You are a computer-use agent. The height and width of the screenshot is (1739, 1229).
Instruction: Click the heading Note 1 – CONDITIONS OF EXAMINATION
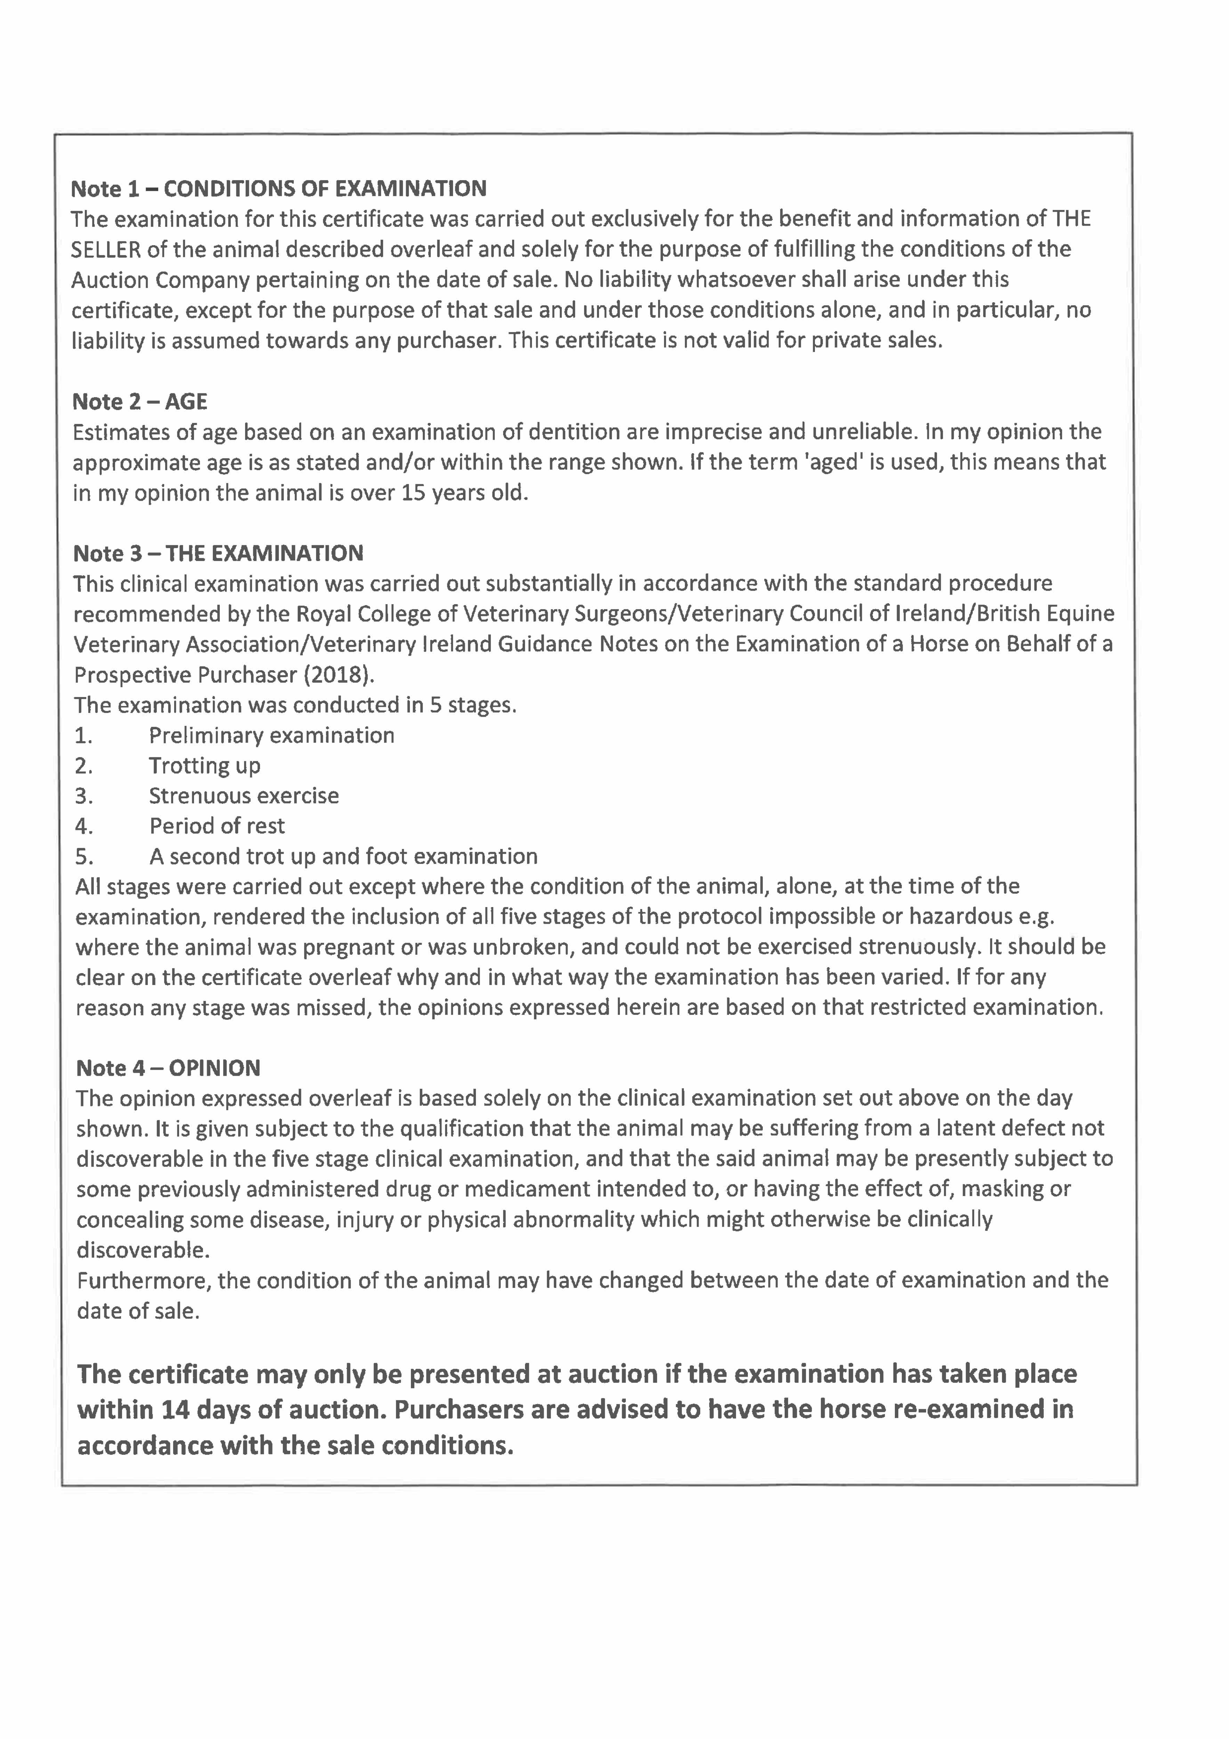point(279,189)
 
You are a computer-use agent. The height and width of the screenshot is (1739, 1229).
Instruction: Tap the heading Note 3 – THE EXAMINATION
point(218,554)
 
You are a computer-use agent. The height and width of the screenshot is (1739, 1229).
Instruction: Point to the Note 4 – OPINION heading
point(168,1068)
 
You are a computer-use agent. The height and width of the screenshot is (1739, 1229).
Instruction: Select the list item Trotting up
point(204,766)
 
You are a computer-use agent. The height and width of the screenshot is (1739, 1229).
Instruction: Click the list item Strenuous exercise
point(244,796)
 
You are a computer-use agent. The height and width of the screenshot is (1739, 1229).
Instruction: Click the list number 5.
point(83,857)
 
